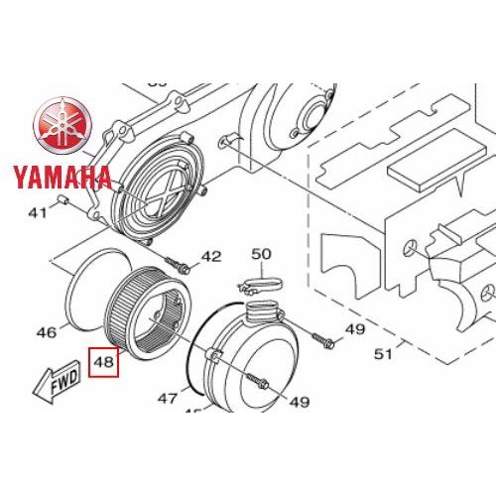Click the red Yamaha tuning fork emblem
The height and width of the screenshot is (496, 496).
click(62, 125)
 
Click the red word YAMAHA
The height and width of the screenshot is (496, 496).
click(62, 178)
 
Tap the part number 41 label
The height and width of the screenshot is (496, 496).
click(38, 213)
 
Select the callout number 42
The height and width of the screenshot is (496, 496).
click(211, 256)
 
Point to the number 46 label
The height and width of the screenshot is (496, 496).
click(47, 332)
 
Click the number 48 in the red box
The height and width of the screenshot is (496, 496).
click(103, 362)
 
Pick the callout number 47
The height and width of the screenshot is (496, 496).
click(168, 399)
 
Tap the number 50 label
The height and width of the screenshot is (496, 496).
click(261, 254)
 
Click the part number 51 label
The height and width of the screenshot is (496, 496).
click(383, 354)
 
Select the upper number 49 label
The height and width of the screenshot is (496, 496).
click(355, 329)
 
